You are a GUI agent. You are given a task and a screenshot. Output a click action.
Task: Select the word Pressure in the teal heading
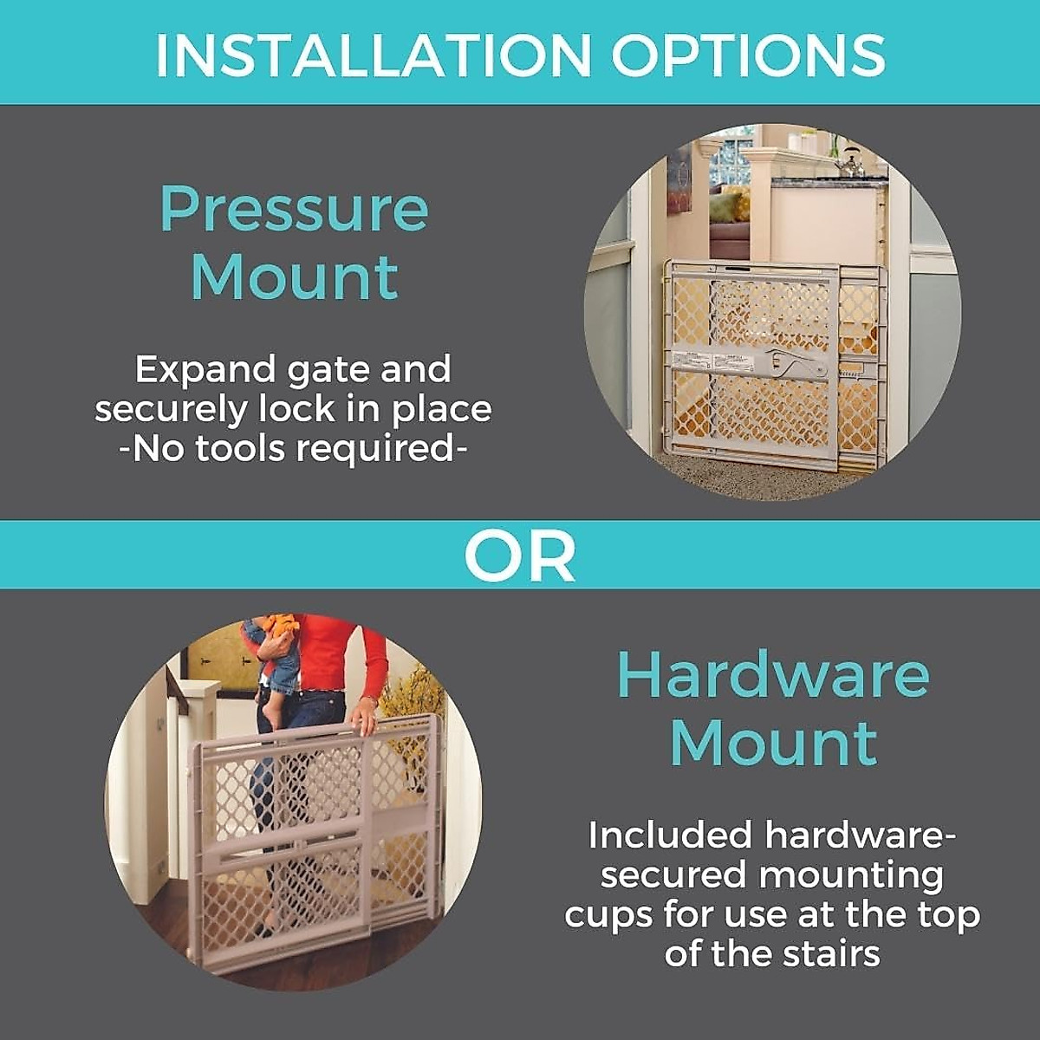pyautogui.click(x=295, y=210)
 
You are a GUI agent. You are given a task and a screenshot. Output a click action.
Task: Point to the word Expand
pyautogui.click(x=203, y=370)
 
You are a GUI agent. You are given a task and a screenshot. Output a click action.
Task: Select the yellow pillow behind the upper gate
pyautogui.click(x=733, y=208)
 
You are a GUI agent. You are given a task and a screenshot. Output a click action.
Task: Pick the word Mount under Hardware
pyautogui.click(x=773, y=744)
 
